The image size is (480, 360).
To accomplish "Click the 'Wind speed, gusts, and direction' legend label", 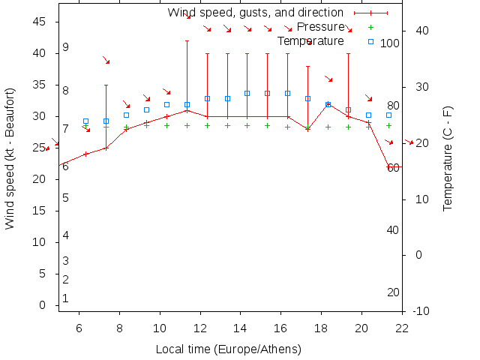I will coord(255,13).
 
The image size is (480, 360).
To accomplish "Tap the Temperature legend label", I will coord(310,41).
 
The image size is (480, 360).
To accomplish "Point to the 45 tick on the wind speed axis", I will coord(42,22).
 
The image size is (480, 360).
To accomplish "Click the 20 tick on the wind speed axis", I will coord(42,179).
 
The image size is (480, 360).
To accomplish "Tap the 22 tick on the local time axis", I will coord(403,327).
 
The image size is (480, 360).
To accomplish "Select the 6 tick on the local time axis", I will coord(79,327).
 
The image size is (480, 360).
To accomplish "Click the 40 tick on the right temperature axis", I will coord(421,31).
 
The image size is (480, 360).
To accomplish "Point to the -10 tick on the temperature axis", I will coord(421,311).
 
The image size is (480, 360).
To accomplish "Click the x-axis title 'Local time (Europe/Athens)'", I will coord(228,349).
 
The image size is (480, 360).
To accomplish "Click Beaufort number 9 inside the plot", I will coord(66,47).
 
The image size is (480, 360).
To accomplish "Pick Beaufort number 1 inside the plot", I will coord(66,298).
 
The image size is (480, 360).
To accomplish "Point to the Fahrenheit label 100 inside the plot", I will coord(390,43).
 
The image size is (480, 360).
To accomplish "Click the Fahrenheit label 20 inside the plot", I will coord(393,292).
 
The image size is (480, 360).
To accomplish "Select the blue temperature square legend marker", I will coord(370,41).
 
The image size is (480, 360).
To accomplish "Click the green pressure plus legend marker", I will coord(370,27).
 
